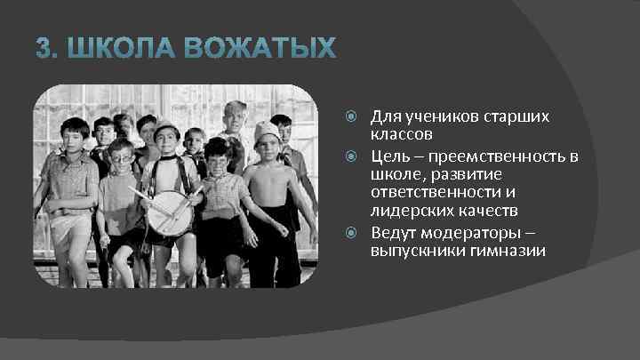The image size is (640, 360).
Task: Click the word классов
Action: click(402, 135)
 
